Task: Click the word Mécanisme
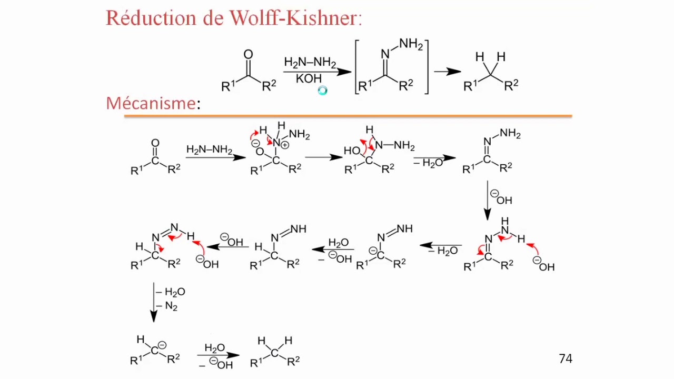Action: (x=151, y=103)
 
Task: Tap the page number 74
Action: (x=566, y=358)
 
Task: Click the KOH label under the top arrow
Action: (x=309, y=79)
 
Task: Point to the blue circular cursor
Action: (x=323, y=91)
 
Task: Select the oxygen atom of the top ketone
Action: (x=248, y=54)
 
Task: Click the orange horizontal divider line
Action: (x=348, y=116)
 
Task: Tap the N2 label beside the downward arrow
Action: (x=171, y=306)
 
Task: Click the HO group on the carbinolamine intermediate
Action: (x=352, y=151)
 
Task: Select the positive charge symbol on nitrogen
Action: (x=285, y=145)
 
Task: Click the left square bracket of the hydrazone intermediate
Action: (x=357, y=67)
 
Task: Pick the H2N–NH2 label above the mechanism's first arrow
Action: (x=209, y=149)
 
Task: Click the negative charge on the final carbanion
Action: (x=162, y=345)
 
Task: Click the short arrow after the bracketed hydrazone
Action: (x=448, y=72)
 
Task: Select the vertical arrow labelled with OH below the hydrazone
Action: (x=488, y=201)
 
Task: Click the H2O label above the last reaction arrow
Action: (x=214, y=348)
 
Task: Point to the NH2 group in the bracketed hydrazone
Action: (x=411, y=45)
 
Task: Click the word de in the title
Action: (x=213, y=18)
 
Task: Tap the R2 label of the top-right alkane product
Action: (x=511, y=85)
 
